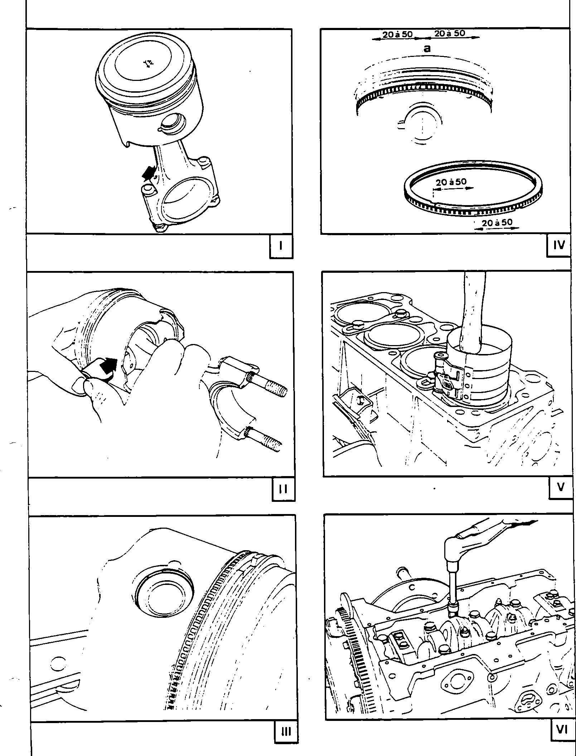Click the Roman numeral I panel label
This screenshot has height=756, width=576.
[x=281, y=246]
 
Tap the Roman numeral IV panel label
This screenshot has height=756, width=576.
[x=559, y=245]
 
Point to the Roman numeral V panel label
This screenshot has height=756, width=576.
[x=560, y=488]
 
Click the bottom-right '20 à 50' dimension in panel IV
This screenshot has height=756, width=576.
[x=497, y=223]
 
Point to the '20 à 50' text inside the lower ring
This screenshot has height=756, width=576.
[x=451, y=182]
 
